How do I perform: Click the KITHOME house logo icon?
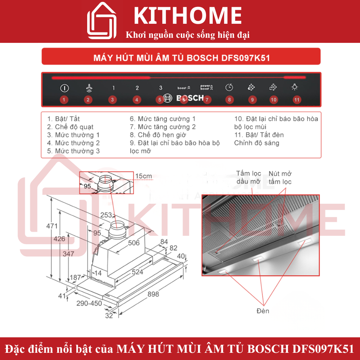pos(102,21)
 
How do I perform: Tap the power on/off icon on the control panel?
pos(64,87)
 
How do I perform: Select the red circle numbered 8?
pos(229,100)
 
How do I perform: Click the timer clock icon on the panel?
pos(229,87)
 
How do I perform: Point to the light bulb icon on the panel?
pos(295,87)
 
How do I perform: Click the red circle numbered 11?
pos(297,100)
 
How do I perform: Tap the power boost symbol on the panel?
pos(207,87)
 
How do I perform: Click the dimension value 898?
pos(153,294)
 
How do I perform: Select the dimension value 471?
pos(52,226)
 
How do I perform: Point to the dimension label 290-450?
pos(89,303)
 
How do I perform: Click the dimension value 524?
pos(137,272)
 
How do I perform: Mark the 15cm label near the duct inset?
pos(144,176)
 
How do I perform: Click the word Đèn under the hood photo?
pos(263,311)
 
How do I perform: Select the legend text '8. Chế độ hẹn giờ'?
pos(158,135)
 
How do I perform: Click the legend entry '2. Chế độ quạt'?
pos(70,127)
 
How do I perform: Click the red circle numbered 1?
pos(64,100)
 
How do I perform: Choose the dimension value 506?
pos(134,243)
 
